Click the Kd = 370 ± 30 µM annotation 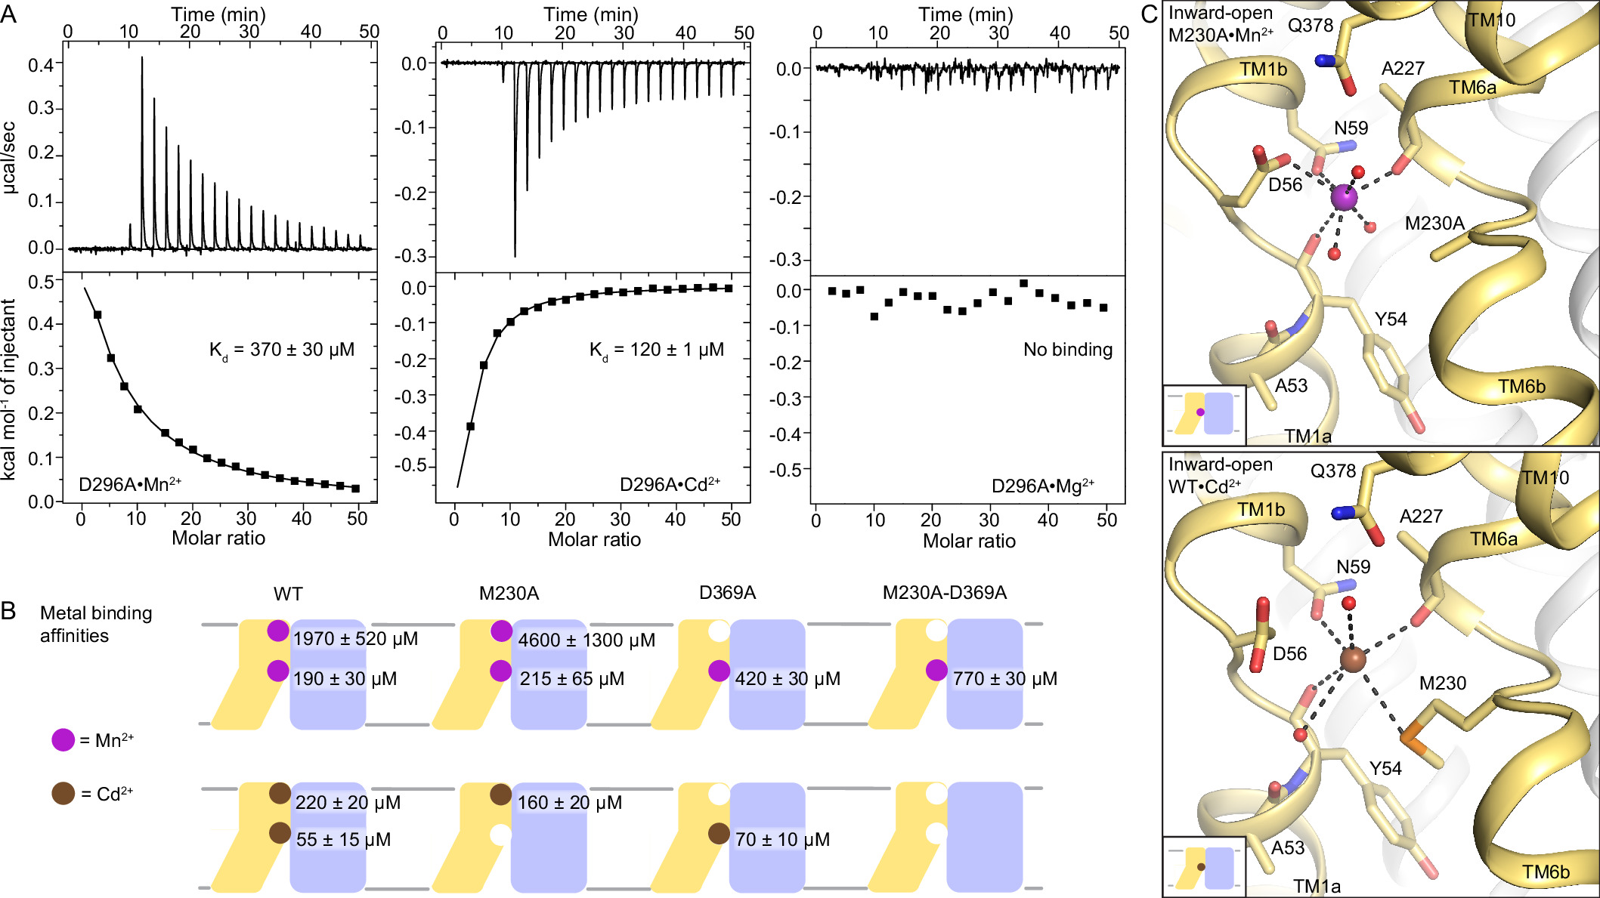(281, 350)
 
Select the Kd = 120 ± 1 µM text (656, 350)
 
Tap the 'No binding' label (1067, 350)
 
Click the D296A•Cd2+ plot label (670, 485)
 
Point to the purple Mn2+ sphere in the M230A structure (1344, 198)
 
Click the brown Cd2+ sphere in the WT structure (1353, 659)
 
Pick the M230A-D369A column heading (944, 593)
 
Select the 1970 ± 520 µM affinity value (354, 639)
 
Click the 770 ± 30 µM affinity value (1004, 679)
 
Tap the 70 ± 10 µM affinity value (782, 840)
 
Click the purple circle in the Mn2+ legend (63, 740)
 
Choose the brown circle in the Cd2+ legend (63, 794)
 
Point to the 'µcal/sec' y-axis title (9, 157)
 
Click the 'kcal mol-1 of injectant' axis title (9, 389)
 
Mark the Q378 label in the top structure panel (1311, 25)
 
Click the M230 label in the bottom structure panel (1442, 684)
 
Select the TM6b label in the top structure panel (1521, 387)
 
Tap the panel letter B (9, 610)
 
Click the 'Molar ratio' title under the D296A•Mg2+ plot (969, 541)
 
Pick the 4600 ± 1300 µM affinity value (586, 640)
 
